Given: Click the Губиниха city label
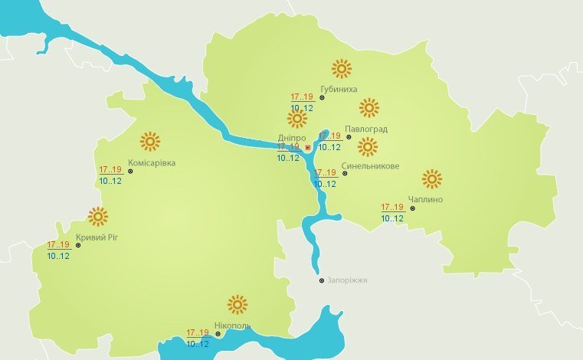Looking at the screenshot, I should (x=339, y=89).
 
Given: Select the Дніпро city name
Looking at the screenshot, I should (x=291, y=139).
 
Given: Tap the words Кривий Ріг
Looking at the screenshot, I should (x=97, y=237).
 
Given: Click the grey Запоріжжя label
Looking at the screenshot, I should (x=347, y=280).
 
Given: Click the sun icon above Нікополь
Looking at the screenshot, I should (x=237, y=305).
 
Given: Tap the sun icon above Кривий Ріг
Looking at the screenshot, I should (x=98, y=217).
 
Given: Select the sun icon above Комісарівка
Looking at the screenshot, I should (x=150, y=141).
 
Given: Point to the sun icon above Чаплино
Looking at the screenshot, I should (x=432, y=179).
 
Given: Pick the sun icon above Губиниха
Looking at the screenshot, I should (x=341, y=69).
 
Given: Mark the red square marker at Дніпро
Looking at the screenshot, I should (x=307, y=147).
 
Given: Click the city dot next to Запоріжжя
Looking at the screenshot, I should (x=322, y=280).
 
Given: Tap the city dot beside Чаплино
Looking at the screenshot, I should (x=412, y=208).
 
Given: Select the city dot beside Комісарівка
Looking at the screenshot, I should (x=130, y=172).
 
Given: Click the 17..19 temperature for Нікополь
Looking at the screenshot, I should (x=198, y=332).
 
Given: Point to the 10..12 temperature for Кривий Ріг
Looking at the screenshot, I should (x=58, y=256).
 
